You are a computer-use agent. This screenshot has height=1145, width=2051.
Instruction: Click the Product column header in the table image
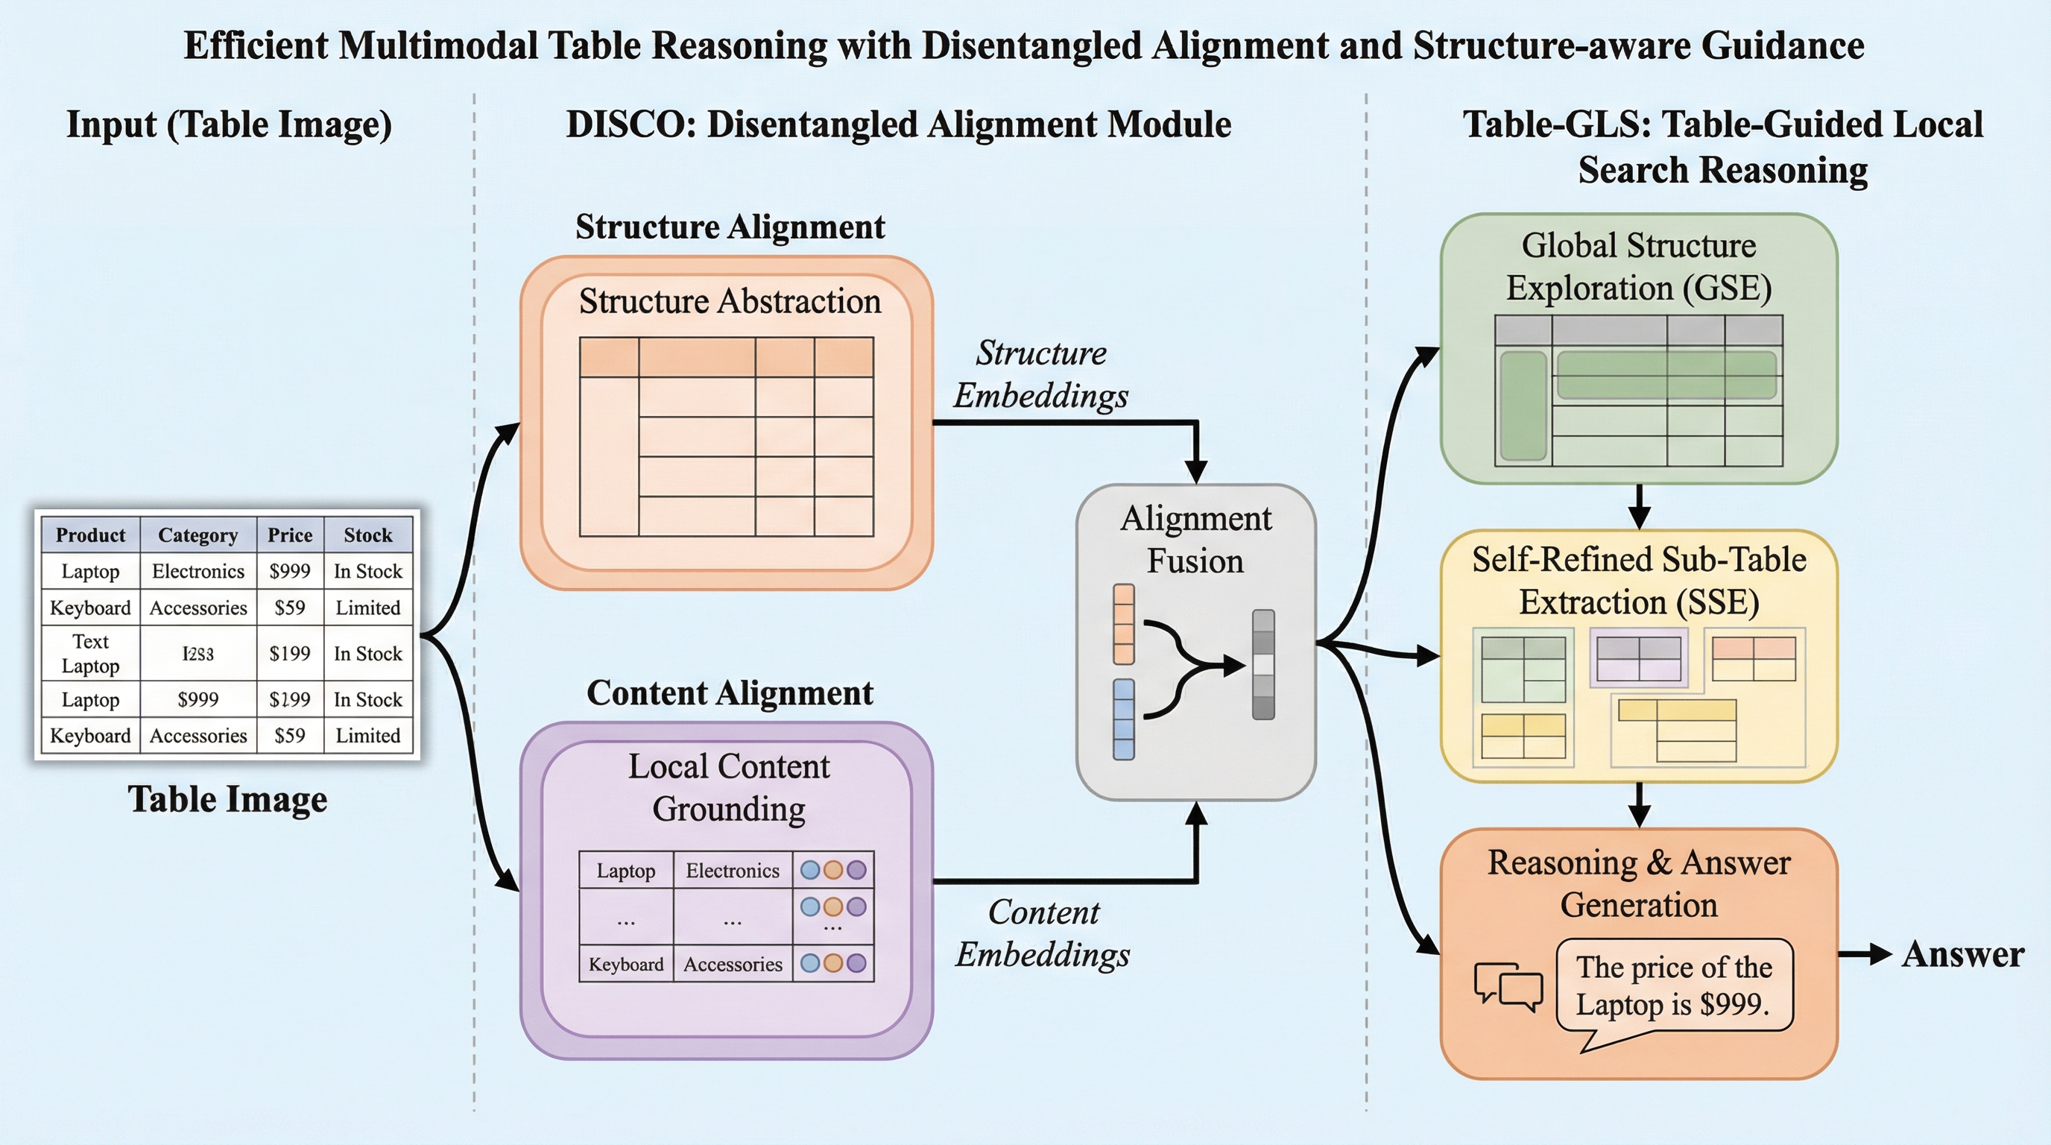(90, 535)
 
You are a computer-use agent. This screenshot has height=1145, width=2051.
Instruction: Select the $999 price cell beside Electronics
(290, 571)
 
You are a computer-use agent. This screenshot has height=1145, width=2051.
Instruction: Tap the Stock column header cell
(368, 535)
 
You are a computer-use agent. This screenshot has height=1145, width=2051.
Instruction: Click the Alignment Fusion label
(1195, 540)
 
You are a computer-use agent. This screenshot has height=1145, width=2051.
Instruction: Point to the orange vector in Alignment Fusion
(1123, 624)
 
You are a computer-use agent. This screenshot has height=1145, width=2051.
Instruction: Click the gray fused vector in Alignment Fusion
(1263, 665)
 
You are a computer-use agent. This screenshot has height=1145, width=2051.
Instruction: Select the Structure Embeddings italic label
(1040, 374)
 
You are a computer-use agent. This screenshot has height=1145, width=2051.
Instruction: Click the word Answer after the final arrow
(1962, 954)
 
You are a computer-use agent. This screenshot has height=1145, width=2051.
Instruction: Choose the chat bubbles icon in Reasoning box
(1508, 988)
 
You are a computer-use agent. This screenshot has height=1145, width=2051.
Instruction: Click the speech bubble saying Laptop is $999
(1674, 985)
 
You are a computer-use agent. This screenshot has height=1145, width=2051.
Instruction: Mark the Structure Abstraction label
(730, 302)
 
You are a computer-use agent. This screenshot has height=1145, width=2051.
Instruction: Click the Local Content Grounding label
(729, 787)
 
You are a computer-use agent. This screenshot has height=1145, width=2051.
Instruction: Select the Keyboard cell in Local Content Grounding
(626, 965)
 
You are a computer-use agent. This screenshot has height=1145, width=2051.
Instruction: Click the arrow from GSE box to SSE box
(1639, 506)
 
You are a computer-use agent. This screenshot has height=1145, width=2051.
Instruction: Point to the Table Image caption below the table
(228, 799)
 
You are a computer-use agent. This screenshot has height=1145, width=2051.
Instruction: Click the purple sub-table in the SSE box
(1639, 657)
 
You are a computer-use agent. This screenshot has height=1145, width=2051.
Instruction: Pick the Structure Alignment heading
(730, 227)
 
